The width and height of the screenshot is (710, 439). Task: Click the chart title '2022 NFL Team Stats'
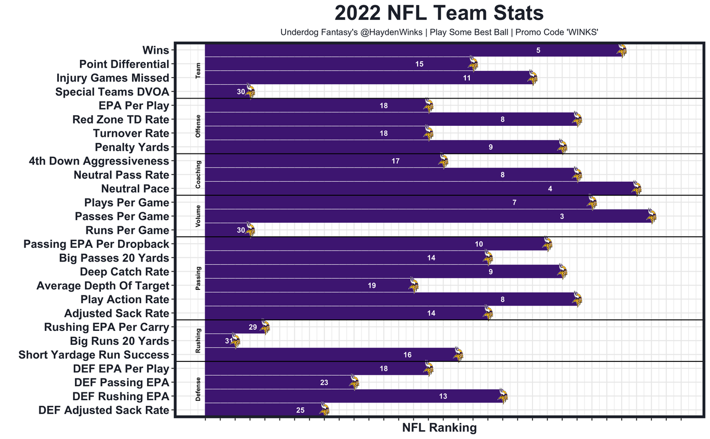[x=439, y=13]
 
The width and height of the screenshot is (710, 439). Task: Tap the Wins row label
[x=155, y=50]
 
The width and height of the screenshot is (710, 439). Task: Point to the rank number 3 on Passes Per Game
[x=562, y=217]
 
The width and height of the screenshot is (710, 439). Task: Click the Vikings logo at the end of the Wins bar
[x=622, y=51]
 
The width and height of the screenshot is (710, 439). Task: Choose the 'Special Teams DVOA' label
[x=112, y=92]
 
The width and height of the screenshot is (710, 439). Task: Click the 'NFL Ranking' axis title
[x=439, y=428]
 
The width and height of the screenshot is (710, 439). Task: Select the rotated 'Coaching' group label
[x=199, y=175]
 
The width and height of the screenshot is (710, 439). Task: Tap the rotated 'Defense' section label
[x=199, y=389]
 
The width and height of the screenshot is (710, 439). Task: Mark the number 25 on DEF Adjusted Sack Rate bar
[x=300, y=411]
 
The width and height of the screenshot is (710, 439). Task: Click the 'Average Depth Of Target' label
[x=103, y=286]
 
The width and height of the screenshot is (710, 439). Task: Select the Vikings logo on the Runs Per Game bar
[x=250, y=230]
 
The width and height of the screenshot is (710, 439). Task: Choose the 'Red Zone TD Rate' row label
[x=120, y=120]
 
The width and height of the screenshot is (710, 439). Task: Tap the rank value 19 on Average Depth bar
[x=372, y=286]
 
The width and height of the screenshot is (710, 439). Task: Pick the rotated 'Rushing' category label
[x=199, y=341]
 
